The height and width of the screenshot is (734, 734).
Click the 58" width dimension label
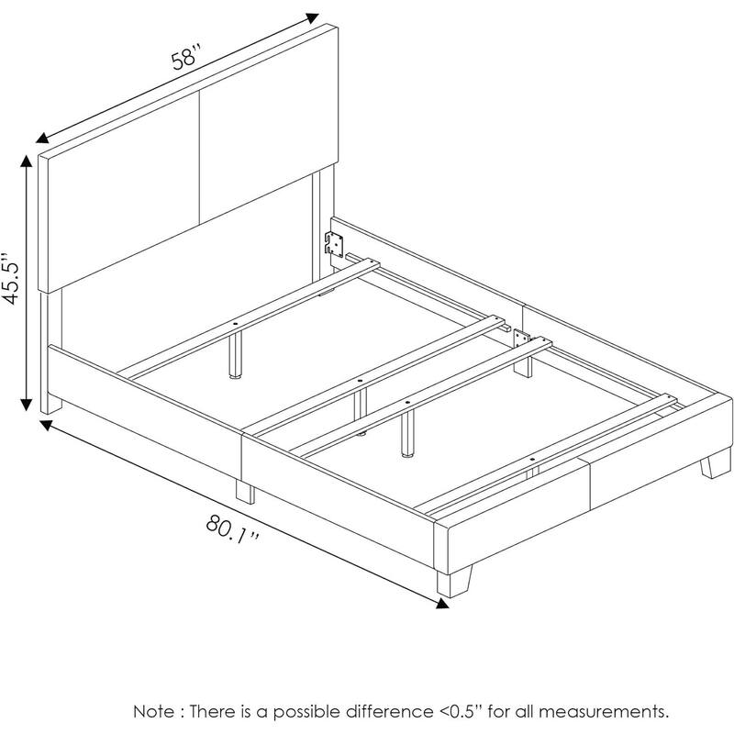coord(186,56)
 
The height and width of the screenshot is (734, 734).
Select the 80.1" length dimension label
coord(233,529)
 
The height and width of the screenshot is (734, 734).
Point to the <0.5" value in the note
coord(461,712)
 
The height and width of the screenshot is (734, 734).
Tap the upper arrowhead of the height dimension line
coord(27,160)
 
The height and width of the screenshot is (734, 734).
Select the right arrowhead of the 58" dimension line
coord(312,17)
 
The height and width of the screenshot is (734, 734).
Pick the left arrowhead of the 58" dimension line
coord(42,138)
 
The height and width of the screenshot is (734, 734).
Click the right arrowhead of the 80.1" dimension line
coord(442,604)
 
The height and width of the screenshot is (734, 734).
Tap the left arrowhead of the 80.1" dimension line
coord(47,426)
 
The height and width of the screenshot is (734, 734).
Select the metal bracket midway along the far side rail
coord(521,339)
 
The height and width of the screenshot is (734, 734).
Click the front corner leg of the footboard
coord(454,582)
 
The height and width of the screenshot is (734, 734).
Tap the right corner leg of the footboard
coord(716,463)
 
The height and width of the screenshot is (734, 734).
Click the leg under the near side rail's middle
coord(245,492)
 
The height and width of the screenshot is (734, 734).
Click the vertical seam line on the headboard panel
coord(199,157)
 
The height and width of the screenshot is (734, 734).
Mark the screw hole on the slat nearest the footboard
coord(532,461)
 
